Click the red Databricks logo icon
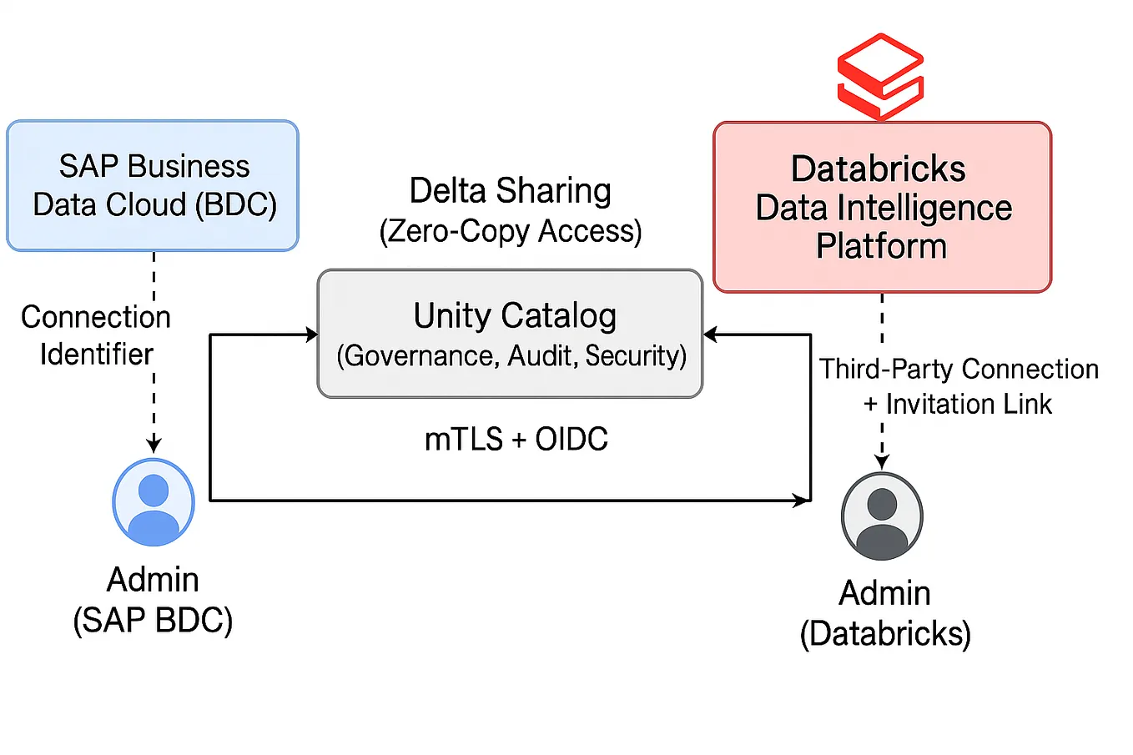pos(880,77)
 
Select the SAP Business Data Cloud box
pos(153,185)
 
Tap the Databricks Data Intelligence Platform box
pos(882,207)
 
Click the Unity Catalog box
pos(510,333)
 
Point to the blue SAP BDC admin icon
pos(154,502)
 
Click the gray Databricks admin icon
pos(882,516)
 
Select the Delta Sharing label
pos(510,191)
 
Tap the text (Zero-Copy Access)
pos(510,231)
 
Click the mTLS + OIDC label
pos(516,440)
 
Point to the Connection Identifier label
pos(96,335)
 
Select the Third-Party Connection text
pos(959,369)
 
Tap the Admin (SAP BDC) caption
pos(153,600)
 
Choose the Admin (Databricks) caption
pos(884,613)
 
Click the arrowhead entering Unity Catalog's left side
pos(312,335)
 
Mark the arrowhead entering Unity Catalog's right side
pos(710,335)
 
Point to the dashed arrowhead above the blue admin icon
pos(154,445)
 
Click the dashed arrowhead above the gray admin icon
pos(882,461)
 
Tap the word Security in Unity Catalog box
pos(635,356)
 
